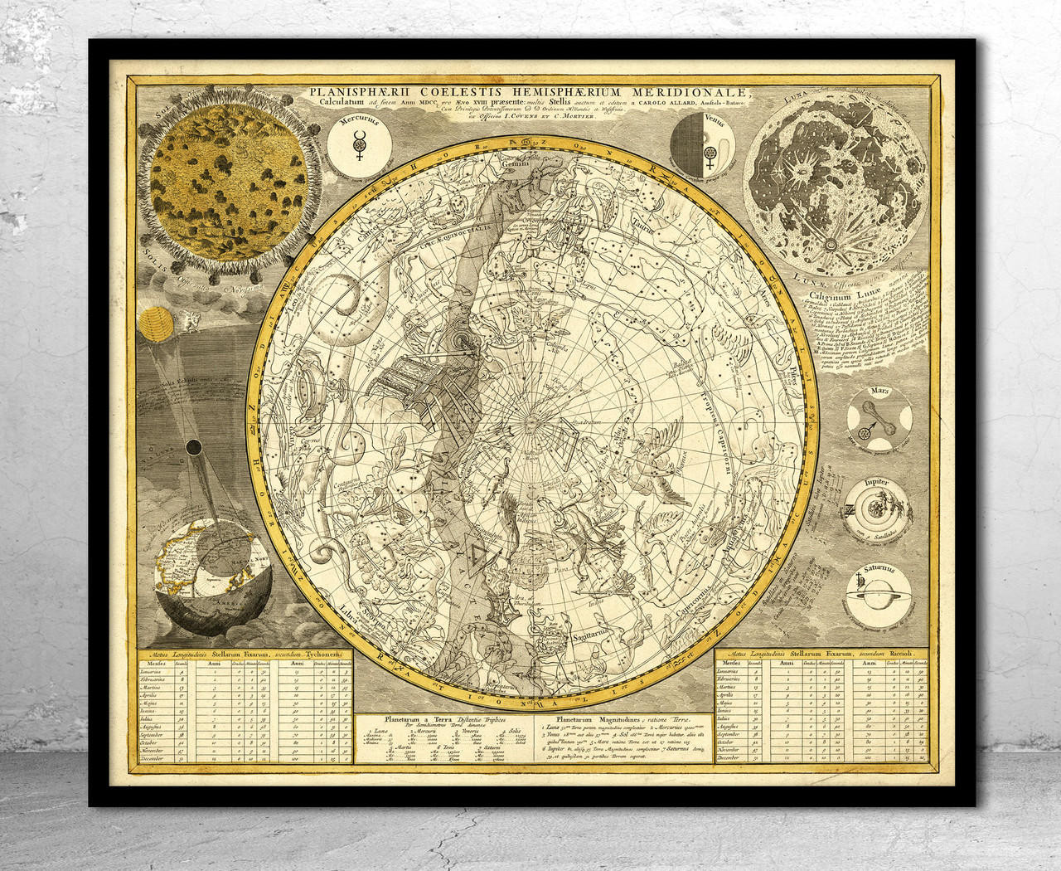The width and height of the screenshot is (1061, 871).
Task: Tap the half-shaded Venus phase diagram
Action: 701,146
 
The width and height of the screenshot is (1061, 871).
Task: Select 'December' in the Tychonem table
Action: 153,758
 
